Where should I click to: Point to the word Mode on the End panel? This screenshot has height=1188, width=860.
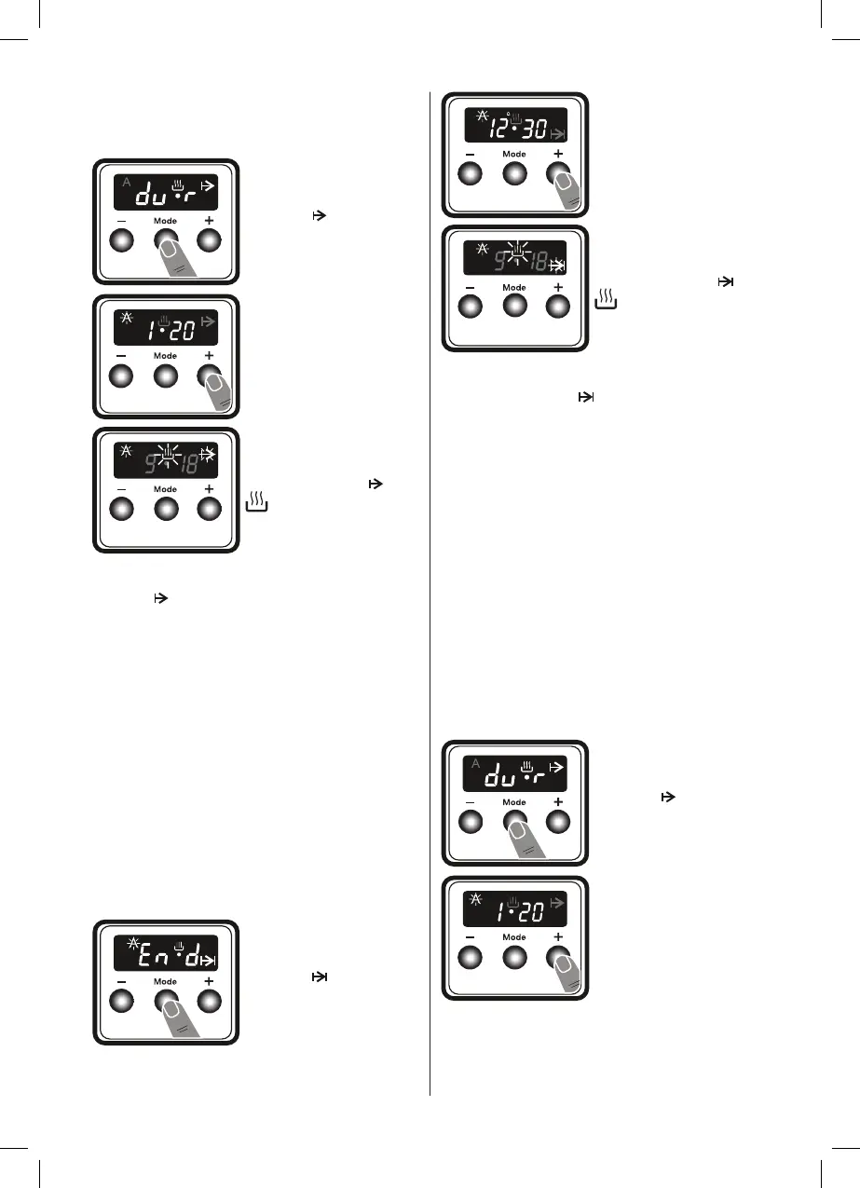tap(165, 982)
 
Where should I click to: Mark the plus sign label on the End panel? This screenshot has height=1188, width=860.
tap(209, 982)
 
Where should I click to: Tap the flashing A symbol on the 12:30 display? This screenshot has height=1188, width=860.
tap(482, 116)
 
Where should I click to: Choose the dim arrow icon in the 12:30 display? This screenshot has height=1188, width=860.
tap(558, 135)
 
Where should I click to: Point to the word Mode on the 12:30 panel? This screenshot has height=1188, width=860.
tap(514, 154)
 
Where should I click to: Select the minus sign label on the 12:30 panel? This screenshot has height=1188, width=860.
tap(471, 154)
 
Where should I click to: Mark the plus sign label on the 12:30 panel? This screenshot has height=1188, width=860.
tap(558, 153)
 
